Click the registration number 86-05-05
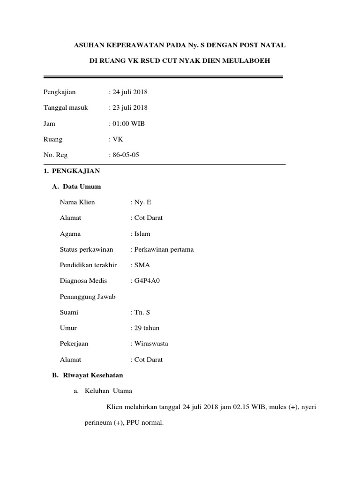[x=125, y=155]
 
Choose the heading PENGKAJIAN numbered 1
[x=75, y=171]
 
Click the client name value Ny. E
[x=143, y=202]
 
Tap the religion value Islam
[x=142, y=234]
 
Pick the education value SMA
[x=142, y=265]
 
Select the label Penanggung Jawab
[x=88, y=297]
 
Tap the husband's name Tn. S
[x=143, y=312]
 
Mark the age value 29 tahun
[x=147, y=328]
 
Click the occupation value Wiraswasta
[x=151, y=344]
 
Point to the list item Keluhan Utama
[x=108, y=391]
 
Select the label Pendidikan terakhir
[x=88, y=265]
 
